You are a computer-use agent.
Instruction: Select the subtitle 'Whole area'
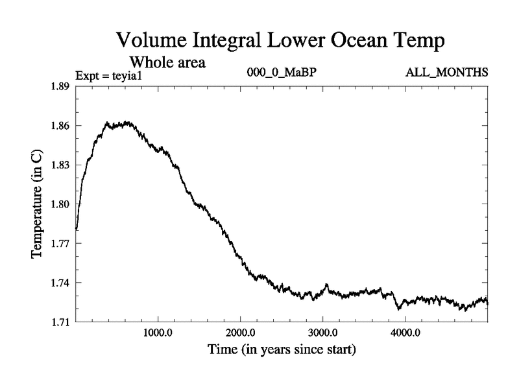168,62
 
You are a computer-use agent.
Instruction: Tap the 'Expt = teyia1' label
108,75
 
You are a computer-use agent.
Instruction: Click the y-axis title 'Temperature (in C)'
38,204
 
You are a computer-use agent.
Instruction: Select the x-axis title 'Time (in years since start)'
282,351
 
